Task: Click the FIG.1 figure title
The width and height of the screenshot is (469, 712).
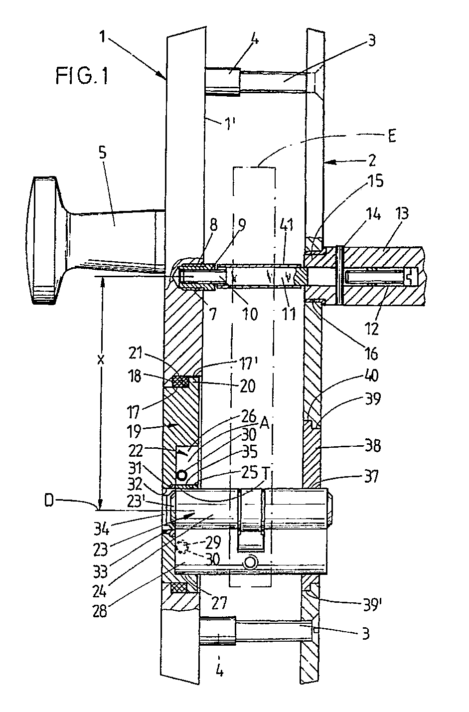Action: click(x=82, y=76)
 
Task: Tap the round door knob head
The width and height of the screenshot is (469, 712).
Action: click(x=44, y=241)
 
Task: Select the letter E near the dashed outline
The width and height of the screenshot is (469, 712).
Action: click(x=392, y=137)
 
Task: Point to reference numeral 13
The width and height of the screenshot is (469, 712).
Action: click(x=402, y=214)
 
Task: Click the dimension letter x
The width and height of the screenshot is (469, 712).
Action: click(x=100, y=359)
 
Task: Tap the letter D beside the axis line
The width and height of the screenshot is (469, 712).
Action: click(x=49, y=501)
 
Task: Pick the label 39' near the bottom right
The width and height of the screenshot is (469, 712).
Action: click(x=372, y=606)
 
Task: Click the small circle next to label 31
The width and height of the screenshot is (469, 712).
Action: click(x=182, y=476)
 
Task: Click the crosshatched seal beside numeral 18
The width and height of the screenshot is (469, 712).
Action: click(x=180, y=382)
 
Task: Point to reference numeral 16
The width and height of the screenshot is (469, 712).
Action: click(x=372, y=353)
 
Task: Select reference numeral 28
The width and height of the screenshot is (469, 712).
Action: click(x=100, y=611)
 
